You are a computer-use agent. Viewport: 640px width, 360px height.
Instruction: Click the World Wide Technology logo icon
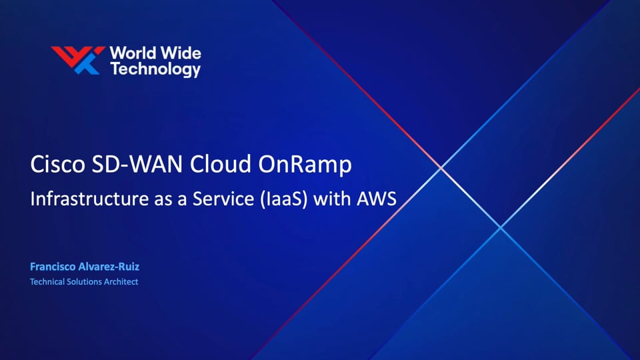78,60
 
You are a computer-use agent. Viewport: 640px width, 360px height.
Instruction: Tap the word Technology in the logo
155,69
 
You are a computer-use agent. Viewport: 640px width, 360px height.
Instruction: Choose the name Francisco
54,267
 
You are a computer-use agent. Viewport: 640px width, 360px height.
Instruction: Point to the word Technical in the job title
47,282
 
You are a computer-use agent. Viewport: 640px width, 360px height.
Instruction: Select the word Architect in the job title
122,282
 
